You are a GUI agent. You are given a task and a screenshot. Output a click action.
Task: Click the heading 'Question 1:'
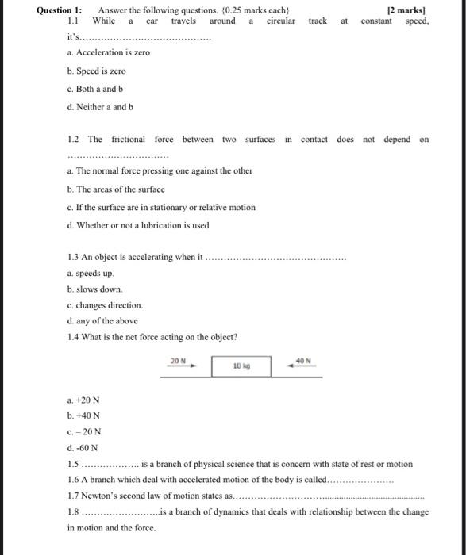pos(60,10)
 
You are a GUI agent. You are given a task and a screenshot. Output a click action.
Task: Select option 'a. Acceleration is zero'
pos(108,52)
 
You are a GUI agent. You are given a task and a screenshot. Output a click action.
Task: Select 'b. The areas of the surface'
pos(116,189)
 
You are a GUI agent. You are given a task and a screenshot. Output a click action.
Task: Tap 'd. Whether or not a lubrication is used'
pos(138,225)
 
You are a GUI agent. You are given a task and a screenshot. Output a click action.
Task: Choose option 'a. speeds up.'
pos(91,273)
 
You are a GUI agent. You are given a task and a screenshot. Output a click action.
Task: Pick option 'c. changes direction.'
pos(106,305)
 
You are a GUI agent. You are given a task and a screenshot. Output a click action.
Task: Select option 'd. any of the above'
pos(102,321)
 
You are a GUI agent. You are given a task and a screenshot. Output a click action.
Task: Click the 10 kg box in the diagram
pos(241,366)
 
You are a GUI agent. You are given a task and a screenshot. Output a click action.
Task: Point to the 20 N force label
pos(178,361)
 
